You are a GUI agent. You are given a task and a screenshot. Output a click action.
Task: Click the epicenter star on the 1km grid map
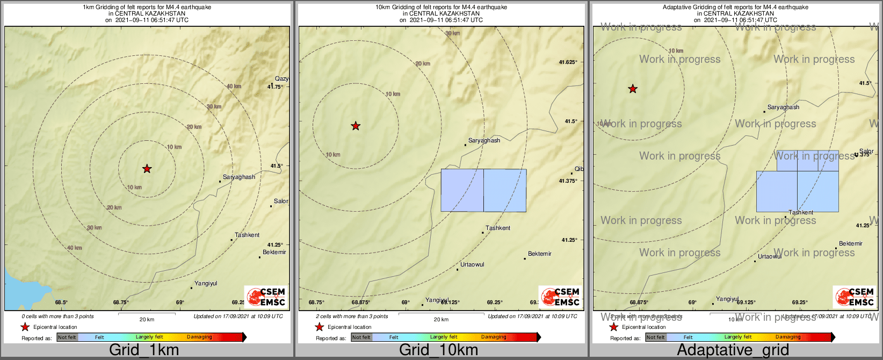(x=147, y=169)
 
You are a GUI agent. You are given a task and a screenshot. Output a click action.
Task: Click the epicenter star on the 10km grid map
(x=356, y=126)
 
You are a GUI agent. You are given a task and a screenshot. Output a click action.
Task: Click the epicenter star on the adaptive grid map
(x=633, y=89)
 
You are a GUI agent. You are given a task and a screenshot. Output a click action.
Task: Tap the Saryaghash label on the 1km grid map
(x=239, y=177)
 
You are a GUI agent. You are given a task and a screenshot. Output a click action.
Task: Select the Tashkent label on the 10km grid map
(x=498, y=228)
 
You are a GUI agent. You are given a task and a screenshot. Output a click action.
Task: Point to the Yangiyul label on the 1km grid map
(x=206, y=283)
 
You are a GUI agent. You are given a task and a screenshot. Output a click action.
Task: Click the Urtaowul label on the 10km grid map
(x=472, y=264)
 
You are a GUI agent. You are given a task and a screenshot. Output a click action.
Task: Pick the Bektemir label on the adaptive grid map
(x=851, y=243)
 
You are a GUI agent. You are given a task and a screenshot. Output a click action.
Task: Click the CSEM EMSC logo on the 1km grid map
(x=265, y=297)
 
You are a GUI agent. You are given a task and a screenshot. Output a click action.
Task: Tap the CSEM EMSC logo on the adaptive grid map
(x=854, y=297)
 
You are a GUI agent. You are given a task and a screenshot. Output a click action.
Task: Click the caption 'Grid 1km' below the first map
(x=144, y=350)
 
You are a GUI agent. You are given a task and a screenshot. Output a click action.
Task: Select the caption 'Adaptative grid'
(x=733, y=350)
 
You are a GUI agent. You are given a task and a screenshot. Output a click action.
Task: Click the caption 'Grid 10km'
(x=438, y=350)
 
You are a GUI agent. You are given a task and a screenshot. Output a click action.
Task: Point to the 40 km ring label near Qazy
(x=234, y=87)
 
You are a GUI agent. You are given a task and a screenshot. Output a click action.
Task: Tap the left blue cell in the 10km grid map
(x=462, y=190)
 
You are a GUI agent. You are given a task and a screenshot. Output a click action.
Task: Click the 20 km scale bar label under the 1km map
(x=147, y=319)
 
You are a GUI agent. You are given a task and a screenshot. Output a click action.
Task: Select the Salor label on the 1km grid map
(x=281, y=201)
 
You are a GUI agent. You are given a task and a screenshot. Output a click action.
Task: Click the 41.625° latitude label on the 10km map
(x=568, y=62)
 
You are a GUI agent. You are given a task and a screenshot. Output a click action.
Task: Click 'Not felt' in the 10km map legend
(x=361, y=337)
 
